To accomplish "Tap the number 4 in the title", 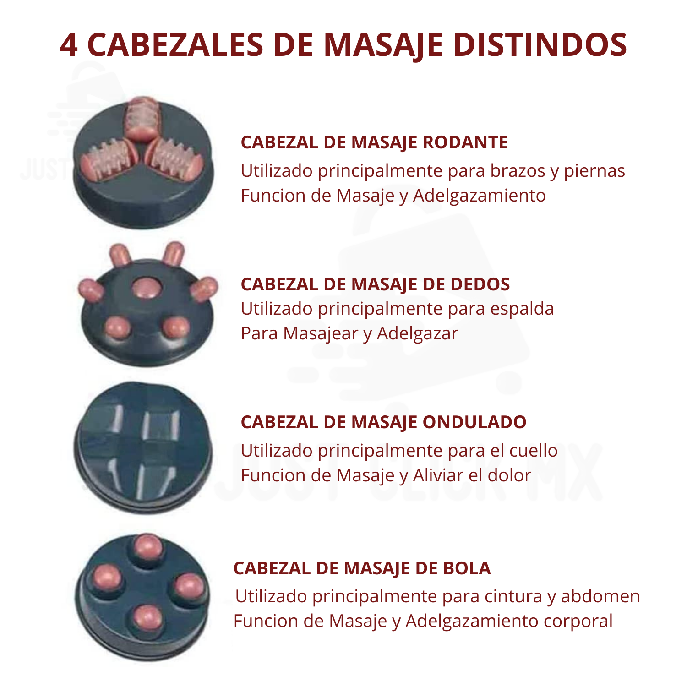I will point(69,45).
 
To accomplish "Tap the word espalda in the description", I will point(522,309).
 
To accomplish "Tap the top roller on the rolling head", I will point(142,118).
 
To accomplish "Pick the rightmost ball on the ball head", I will point(189,587).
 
